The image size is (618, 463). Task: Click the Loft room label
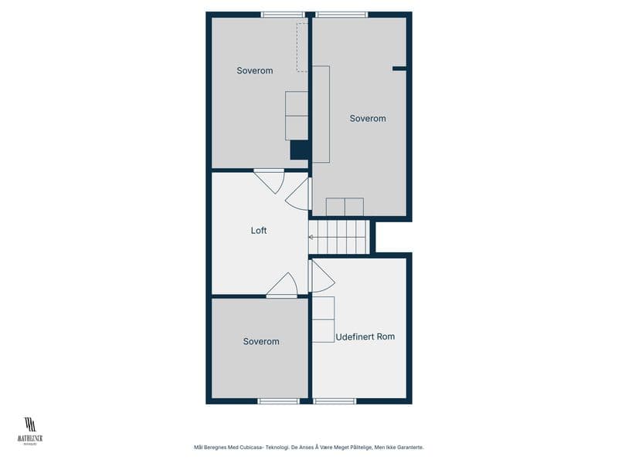coord(259,230)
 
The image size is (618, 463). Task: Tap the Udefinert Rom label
coord(365,336)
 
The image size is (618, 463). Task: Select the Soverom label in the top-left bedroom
coord(255,71)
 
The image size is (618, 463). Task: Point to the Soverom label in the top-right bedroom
coord(368,118)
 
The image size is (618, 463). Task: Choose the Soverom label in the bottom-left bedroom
coord(261,341)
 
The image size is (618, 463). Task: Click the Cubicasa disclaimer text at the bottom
coord(309,447)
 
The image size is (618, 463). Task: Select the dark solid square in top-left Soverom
coord(299,150)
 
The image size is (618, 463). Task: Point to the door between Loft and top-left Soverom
coord(270,180)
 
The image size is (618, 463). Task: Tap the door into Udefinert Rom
coord(321,275)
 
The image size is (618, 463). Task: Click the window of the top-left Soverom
coord(283,14)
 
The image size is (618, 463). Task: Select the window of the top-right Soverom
coord(341,14)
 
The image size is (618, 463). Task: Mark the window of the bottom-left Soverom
coord(278,400)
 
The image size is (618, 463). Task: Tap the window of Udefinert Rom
coord(335,400)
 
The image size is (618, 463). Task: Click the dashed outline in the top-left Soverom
coord(302,47)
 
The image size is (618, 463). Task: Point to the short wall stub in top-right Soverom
coord(399,69)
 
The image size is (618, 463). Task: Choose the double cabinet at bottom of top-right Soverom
coord(345,207)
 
